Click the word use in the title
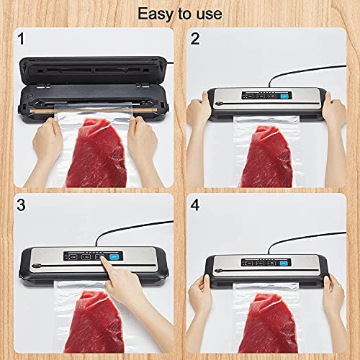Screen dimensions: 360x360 coord(207,14)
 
